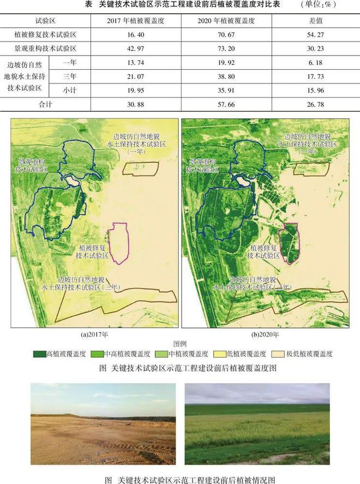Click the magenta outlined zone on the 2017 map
click(x=118, y=243)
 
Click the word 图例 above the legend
click(x=180, y=344)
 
